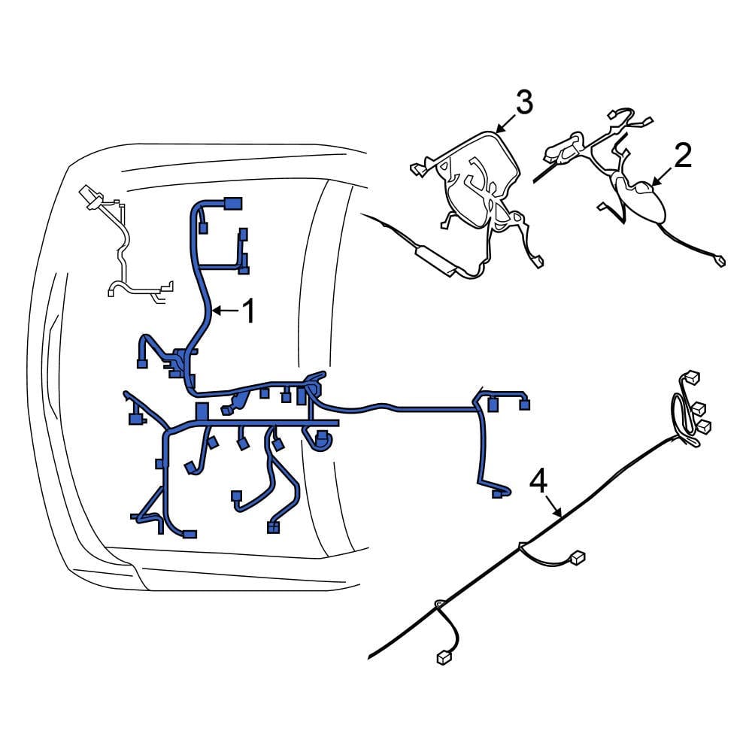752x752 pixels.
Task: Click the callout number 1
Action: [x=248, y=311]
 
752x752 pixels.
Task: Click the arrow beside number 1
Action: [x=225, y=311]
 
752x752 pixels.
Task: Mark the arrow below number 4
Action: [x=553, y=506]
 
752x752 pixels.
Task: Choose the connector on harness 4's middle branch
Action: [x=578, y=556]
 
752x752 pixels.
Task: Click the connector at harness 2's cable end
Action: [x=720, y=261]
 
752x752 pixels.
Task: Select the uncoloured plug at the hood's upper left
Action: [x=91, y=196]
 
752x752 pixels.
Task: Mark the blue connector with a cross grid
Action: [x=273, y=528]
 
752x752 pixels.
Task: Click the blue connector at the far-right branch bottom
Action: [x=498, y=493]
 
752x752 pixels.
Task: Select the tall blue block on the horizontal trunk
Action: [x=202, y=412]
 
